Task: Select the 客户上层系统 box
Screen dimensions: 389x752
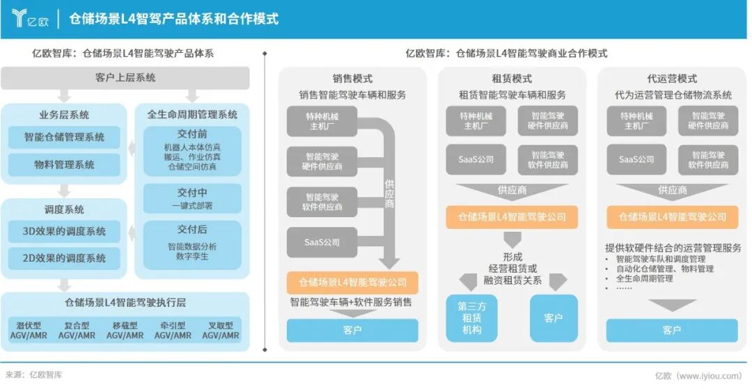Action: pos(125,78)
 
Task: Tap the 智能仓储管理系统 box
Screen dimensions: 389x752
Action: pos(64,137)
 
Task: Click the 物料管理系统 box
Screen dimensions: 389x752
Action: pos(64,165)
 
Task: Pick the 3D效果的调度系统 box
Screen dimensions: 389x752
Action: pos(64,231)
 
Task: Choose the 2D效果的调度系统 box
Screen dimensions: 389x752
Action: pos(64,257)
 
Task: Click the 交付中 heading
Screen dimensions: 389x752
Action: pos(192,192)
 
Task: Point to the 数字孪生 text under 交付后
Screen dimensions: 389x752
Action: pos(192,257)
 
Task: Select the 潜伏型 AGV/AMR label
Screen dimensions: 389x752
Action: pos(28,330)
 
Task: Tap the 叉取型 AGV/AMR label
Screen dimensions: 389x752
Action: pos(220,330)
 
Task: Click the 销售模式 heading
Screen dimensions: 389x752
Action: pos(352,79)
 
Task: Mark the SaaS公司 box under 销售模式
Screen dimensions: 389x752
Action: pos(322,242)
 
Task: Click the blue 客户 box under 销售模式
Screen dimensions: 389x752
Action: pos(352,330)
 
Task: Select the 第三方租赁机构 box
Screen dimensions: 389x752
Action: pos(471,318)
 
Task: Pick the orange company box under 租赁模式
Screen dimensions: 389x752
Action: pos(512,216)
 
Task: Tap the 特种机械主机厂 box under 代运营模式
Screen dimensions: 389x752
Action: pos(636,120)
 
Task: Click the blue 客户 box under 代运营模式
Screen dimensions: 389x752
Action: pos(671,330)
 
